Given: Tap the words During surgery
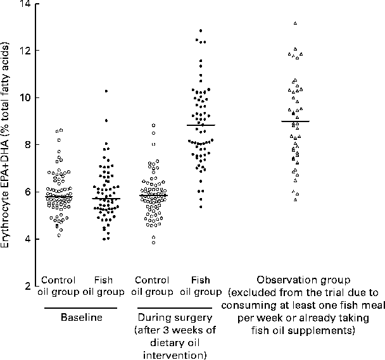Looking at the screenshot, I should (x=172, y=318).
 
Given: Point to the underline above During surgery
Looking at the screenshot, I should (x=172, y=308).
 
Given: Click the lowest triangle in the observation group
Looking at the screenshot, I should (x=295, y=200).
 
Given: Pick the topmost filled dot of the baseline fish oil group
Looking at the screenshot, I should (x=106, y=91).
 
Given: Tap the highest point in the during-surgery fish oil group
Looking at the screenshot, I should (x=201, y=30).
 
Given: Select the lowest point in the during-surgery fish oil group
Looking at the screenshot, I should (x=201, y=207).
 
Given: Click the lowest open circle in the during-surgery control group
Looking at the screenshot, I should (x=153, y=242).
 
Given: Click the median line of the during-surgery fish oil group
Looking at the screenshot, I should (x=201, y=125).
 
